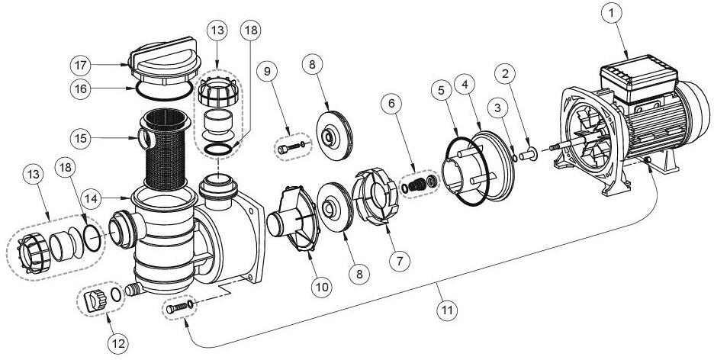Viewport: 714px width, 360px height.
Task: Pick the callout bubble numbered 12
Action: (x=117, y=344)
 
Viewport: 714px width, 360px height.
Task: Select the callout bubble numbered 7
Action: (x=395, y=261)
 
